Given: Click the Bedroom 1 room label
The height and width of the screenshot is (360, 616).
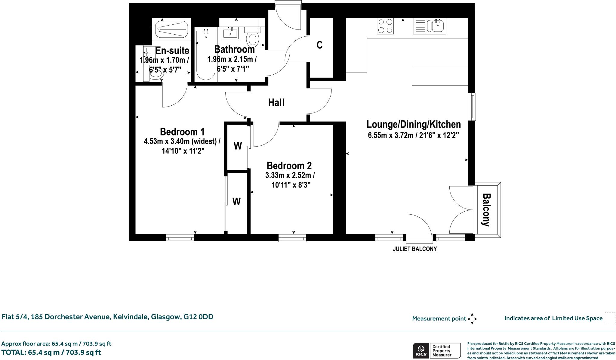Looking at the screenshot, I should tap(182, 132).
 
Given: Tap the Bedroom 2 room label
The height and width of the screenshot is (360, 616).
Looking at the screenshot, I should tap(289, 166).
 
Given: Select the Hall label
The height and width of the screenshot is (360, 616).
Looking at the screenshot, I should tap(276, 103).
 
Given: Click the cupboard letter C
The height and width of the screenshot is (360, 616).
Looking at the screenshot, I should tap(319, 45).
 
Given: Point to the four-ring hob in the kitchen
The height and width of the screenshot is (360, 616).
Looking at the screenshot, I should tap(385, 26).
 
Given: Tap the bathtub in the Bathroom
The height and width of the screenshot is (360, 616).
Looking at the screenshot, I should tap(206, 54).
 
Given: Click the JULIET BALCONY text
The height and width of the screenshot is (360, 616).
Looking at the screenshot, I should tap(414, 249).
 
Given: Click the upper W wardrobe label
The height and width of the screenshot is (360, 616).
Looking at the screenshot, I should tap(238, 146).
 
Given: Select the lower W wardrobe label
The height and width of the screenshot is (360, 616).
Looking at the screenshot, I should tap(237, 201).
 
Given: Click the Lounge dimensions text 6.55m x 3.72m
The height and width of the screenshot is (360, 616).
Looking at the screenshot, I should tap(413, 135).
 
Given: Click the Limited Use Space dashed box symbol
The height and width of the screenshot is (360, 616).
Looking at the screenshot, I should tap(610, 318).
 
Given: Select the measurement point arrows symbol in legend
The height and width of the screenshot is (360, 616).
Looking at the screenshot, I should tap(472, 318).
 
